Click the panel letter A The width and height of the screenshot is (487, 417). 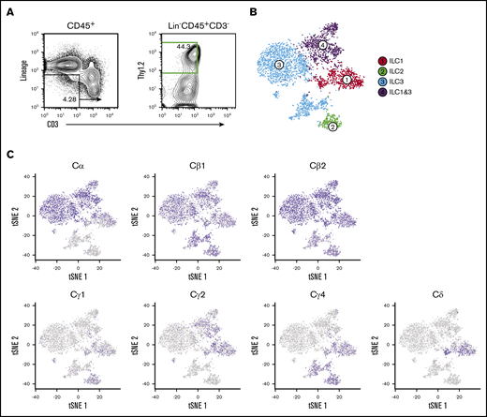8,9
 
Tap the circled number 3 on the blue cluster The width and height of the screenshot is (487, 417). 279,64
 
